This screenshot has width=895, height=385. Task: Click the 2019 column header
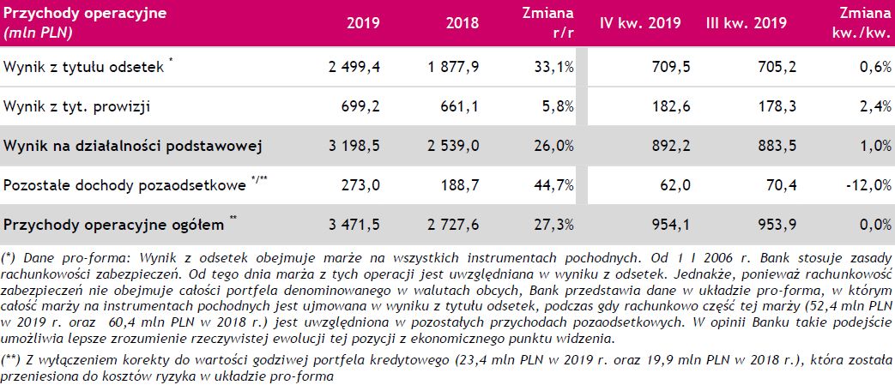pyautogui.click(x=364, y=24)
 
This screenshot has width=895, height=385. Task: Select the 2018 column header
pyautogui.click(x=463, y=24)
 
